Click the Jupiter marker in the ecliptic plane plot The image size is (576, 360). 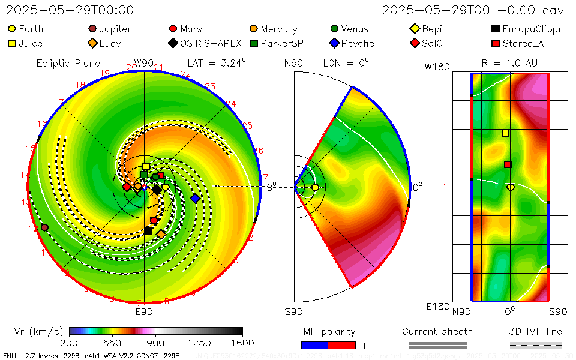[x=44, y=227]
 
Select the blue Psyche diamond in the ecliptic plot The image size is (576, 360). [x=195, y=198]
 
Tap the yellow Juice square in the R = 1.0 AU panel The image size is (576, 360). [x=505, y=133]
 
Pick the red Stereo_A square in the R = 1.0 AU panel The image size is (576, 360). [x=508, y=164]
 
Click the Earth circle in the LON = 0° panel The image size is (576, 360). [x=315, y=188]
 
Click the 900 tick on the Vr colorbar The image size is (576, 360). [x=156, y=343]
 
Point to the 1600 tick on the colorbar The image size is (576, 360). [x=242, y=343]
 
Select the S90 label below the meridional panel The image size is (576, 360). [x=293, y=311]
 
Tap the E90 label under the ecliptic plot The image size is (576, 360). [x=144, y=311]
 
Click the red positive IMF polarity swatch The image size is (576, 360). [x=342, y=346]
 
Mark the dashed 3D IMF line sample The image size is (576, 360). [x=536, y=346]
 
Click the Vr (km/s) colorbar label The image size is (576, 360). [x=38, y=331]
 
